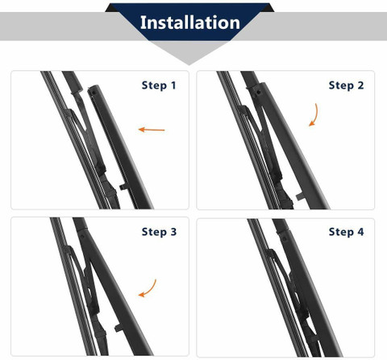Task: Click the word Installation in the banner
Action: point(190,23)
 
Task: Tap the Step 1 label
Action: point(159,85)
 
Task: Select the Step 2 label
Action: point(346,85)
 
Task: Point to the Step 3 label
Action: point(159,232)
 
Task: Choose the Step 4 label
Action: point(346,232)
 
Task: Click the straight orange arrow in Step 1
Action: point(152,130)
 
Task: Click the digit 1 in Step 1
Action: point(173,85)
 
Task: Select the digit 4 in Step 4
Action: point(360,232)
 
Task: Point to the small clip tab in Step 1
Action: point(123,187)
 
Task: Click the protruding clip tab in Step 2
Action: point(300,197)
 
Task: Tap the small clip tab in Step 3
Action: point(119,328)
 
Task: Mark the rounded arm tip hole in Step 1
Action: point(94,93)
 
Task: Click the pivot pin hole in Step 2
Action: point(259,93)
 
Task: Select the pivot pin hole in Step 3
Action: point(82,237)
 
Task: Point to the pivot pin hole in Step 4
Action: point(284,238)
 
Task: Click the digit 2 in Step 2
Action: point(360,85)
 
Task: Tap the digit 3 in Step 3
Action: point(173,232)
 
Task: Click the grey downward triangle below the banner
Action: point(189,52)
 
